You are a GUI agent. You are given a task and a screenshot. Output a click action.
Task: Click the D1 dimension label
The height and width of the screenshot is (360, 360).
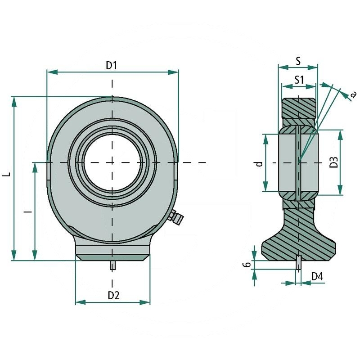click(112, 65)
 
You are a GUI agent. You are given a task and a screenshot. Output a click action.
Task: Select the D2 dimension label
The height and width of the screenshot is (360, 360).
click(113, 295)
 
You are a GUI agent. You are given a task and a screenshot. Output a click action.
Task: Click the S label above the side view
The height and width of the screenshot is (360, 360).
click(298, 60)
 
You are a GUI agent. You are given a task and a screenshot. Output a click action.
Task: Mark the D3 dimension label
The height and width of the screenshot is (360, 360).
click(333, 162)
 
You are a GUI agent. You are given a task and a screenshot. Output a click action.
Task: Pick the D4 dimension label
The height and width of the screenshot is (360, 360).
click(317, 276)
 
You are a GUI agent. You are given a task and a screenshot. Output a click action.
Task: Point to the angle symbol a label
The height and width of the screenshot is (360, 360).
click(353, 94)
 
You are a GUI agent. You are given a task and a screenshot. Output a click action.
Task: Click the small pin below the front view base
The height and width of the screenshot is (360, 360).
click(112, 265)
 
